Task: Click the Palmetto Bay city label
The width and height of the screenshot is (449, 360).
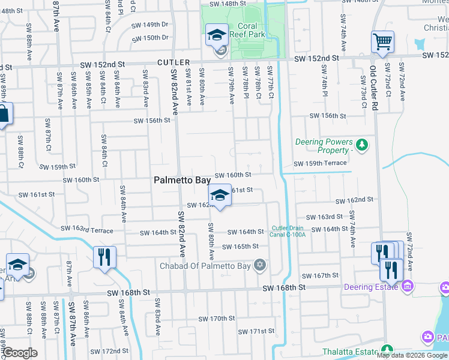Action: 182,179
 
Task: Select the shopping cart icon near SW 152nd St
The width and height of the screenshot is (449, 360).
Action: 382,42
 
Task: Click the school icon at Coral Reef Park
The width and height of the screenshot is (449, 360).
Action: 217,35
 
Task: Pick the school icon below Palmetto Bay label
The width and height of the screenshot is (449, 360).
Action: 220,195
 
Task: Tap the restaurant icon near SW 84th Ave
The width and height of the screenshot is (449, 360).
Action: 104,257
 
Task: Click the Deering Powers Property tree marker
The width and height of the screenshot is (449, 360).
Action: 361,144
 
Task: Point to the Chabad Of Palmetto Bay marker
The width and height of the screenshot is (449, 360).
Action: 260,265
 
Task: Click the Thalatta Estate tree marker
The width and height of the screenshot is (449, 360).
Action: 387,349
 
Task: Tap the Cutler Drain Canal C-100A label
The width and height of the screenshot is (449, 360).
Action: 289,231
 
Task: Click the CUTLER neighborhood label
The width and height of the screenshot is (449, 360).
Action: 174,62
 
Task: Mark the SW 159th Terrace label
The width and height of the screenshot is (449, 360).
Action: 320,163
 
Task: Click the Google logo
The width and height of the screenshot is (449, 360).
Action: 20,353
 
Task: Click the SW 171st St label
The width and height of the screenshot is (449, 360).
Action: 256,331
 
